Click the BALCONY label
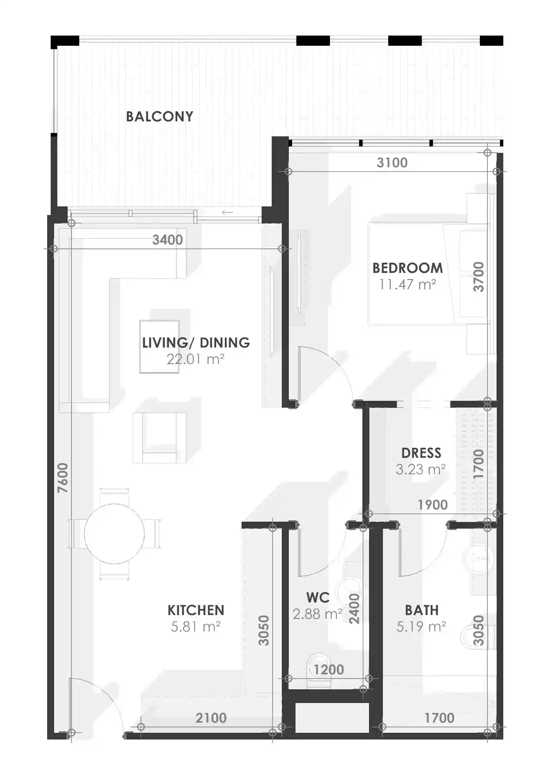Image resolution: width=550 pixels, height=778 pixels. tap(159, 116)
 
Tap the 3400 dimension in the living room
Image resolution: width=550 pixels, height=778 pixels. tap(167, 240)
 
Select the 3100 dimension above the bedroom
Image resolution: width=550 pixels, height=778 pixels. tap(392, 163)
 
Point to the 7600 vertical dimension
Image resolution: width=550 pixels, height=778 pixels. tap(63, 478)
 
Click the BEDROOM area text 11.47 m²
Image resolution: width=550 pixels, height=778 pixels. tap(407, 285)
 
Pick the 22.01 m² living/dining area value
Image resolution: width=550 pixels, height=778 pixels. tap(195, 359)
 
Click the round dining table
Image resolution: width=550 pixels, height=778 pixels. tap(114, 534)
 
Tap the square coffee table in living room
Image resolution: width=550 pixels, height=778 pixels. tap(159, 346)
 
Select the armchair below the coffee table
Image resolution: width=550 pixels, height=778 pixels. tap(160, 438)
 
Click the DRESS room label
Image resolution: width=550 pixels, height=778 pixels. tap(421, 453)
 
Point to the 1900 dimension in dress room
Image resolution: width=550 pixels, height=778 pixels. tap(432, 505)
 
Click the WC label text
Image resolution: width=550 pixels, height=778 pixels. tap(318, 598)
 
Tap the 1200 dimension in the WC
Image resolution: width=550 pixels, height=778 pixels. tap(329, 670)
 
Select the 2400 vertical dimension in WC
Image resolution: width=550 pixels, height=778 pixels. tap(354, 609)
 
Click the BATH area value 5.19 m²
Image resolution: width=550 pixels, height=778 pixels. tap(421, 627)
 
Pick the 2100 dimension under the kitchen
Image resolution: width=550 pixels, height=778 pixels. tap(211, 718)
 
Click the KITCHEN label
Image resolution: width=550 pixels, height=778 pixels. tap(196, 610)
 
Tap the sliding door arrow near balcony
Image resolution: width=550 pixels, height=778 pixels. tap(227, 212)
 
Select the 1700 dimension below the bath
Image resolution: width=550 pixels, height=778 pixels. tap(439, 718)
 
